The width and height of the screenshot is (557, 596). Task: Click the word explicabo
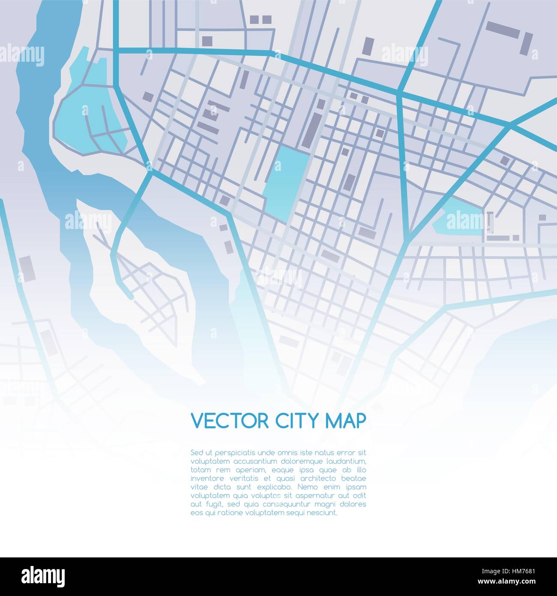click(x=270, y=487)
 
